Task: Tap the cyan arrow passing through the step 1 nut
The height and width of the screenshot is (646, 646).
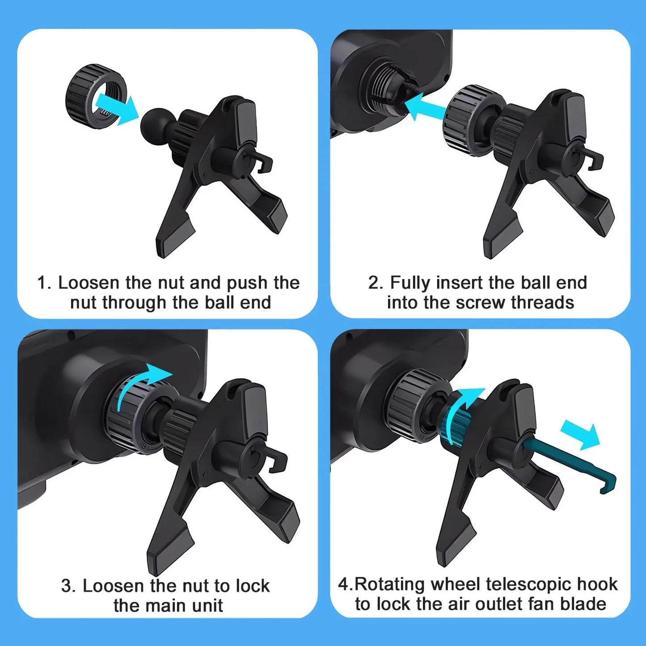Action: click(x=117, y=109)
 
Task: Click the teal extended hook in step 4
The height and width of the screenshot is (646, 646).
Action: click(x=570, y=469)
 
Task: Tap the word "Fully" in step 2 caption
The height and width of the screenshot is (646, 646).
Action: click(x=410, y=283)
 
